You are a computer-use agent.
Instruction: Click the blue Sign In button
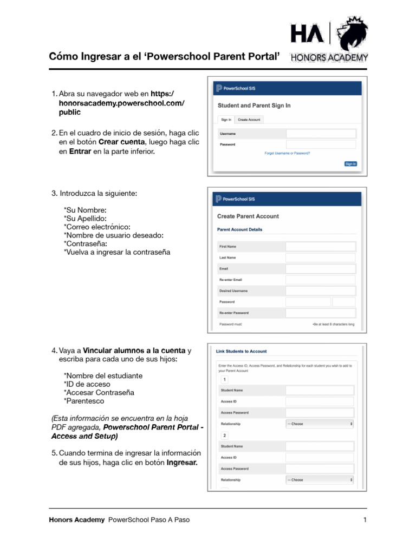point(350,163)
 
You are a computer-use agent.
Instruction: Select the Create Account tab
point(249,120)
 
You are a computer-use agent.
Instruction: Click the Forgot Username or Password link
point(287,153)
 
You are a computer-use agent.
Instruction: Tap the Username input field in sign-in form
point(321,134)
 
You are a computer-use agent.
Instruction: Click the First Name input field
point(320,247)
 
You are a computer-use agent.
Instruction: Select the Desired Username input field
point(320,291)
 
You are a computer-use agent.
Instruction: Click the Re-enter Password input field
point(320,313)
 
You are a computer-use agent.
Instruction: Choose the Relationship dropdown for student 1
point(320,424)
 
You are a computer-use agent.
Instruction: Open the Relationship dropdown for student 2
point(320,480)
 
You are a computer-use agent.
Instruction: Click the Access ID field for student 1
point(319,401)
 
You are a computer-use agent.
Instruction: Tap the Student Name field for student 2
point(319,446)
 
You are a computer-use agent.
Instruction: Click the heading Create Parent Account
point(248,216)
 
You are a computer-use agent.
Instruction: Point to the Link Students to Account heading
point(242,352)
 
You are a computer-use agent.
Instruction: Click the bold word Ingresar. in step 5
point(182,463)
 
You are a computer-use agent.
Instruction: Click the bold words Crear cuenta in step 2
point(122,142)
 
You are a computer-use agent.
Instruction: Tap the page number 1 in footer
point(365,520)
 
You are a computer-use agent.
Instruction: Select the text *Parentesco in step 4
point(84,401)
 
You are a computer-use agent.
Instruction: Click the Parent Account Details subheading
point(239,229)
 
